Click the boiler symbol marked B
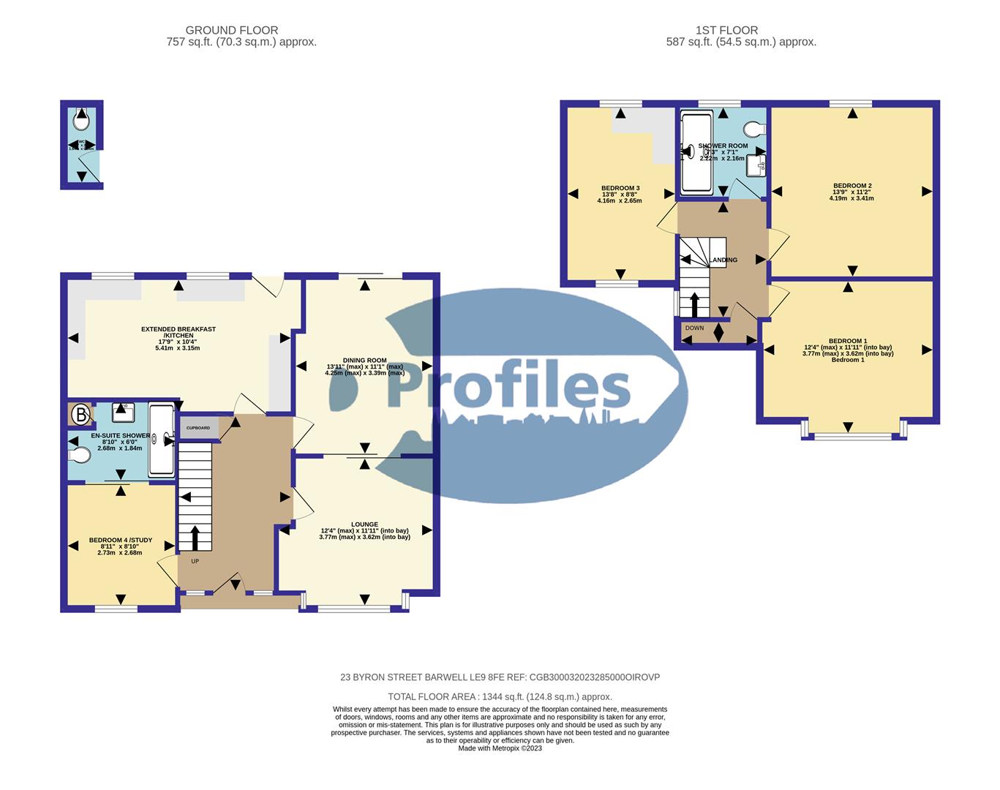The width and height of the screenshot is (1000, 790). point(80,415)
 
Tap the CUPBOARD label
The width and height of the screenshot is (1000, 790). point(198,428)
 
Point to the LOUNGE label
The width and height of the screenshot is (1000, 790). point(364,524)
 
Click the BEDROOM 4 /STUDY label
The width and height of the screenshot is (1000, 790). point(121,541)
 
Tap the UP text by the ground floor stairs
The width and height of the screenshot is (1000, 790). point(195,562)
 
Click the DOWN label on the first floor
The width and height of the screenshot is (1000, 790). point(694,328)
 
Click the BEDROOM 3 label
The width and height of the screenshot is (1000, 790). point(620,188)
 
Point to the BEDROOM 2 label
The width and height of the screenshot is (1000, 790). point(852,186)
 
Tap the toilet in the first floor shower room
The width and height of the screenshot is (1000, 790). point(753,129)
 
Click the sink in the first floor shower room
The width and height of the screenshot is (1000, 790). point(756,166)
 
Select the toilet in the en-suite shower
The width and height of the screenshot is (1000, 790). point(80,456)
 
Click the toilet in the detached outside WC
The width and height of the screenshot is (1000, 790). point(81,118)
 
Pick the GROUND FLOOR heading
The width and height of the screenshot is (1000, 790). point(231,30)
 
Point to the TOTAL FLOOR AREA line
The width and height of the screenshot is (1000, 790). point(500,697)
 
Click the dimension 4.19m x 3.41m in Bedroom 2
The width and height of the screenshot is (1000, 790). point(851,198)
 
